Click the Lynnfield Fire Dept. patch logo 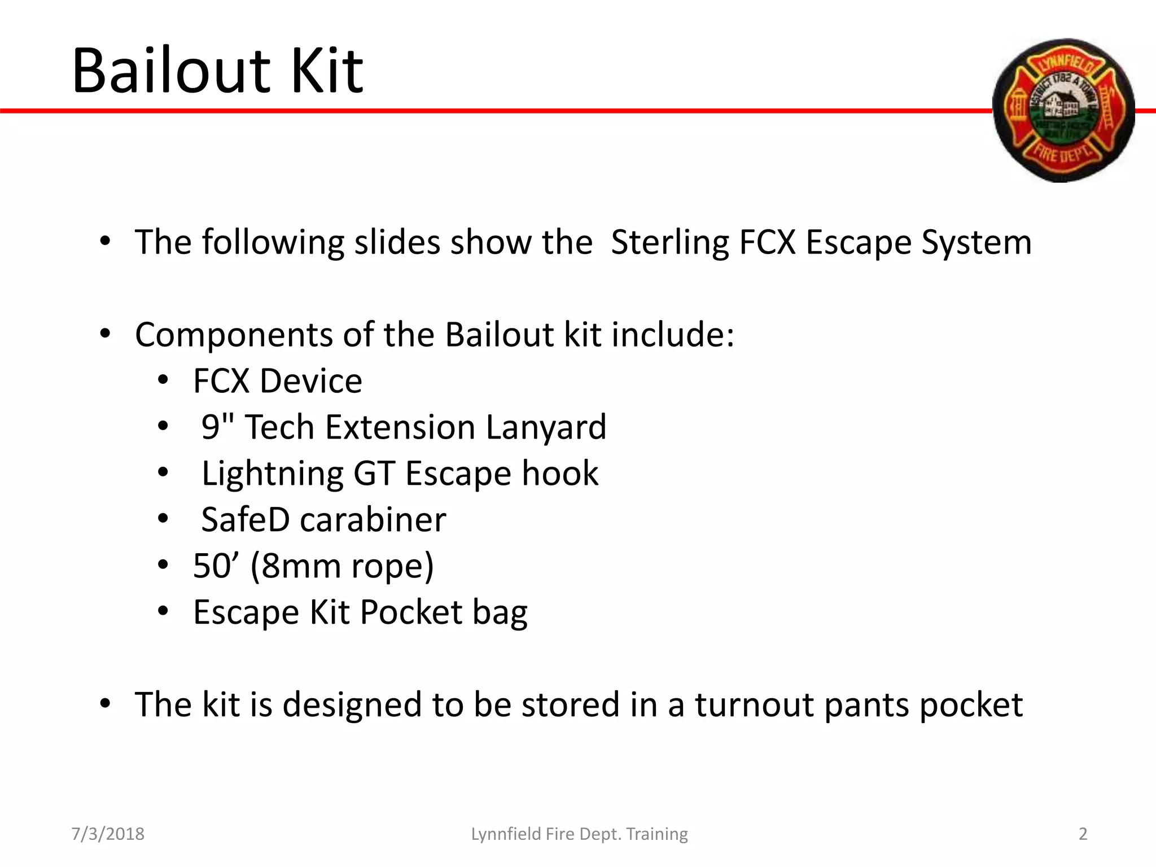[1063, 111]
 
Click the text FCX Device [277, 381]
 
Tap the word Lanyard [545, 427]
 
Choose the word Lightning [272, 474]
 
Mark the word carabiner [373, 520]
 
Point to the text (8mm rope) [341, 566]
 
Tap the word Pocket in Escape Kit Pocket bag [411, 612]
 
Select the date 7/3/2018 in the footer [108, 834]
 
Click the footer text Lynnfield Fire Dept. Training [579, 834]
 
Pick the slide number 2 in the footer [1083, 834]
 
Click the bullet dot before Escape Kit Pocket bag [163, 611]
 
